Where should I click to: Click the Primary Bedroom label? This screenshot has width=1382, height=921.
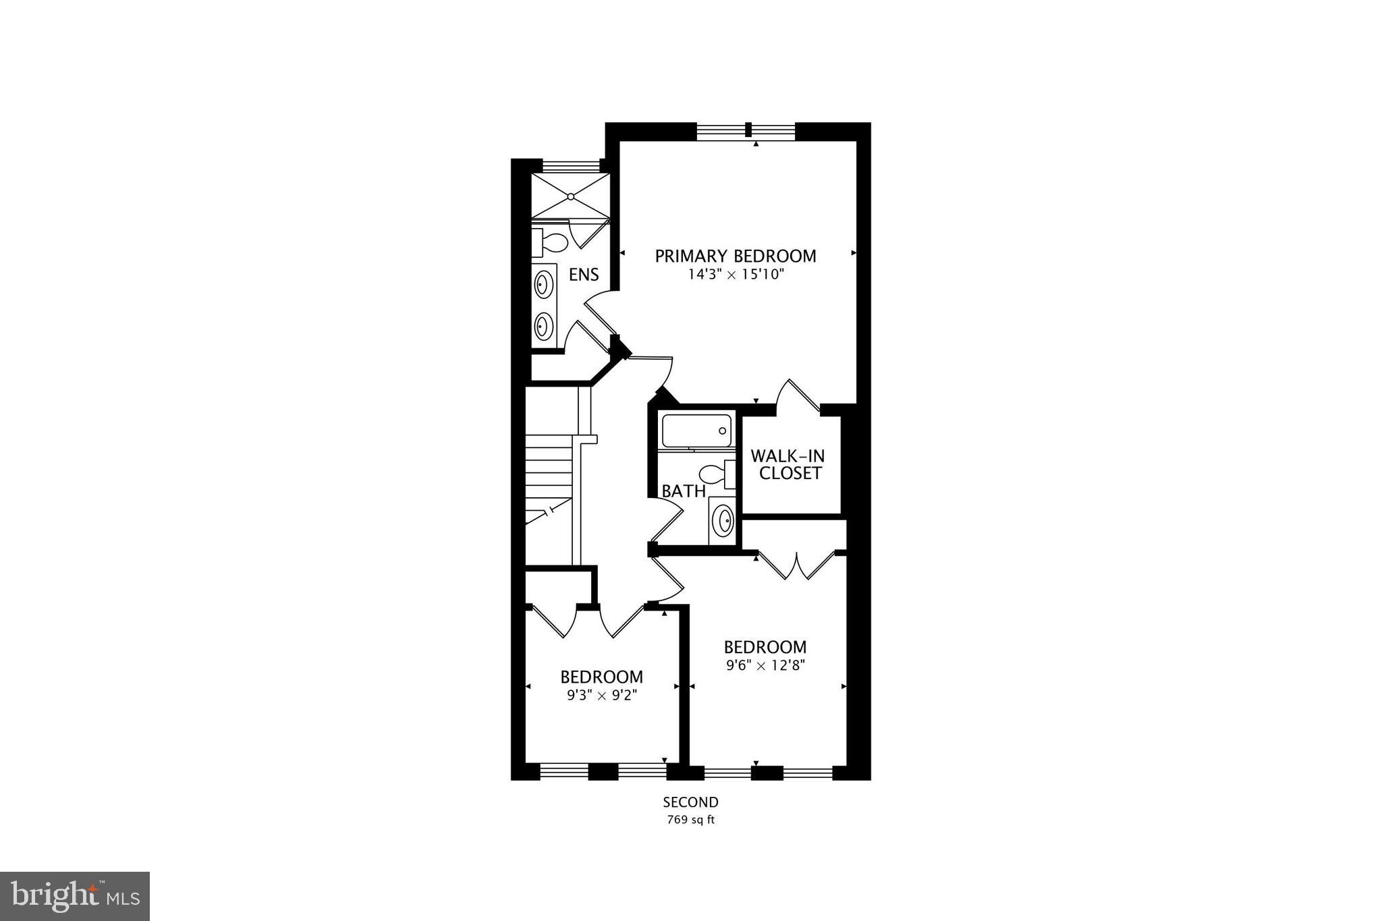pos(736,256)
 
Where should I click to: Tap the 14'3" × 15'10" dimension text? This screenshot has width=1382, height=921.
pos(736,275)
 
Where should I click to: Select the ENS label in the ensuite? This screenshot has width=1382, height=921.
pos(584,275)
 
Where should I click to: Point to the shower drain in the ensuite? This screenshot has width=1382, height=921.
pos(571,196)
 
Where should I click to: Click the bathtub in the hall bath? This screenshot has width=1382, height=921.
pos(697,430)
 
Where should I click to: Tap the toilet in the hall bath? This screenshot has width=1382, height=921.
pos(716,474)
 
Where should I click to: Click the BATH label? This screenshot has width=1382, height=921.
pos(683,491)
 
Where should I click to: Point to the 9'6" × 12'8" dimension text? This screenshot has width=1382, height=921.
pos(766,665)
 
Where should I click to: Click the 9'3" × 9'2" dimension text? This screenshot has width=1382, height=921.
pos(602,694)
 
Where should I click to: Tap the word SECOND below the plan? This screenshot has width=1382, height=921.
pos(690,802)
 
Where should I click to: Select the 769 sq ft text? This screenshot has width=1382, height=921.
pos(690,820)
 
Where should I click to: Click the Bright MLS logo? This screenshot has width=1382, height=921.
pos(75,896)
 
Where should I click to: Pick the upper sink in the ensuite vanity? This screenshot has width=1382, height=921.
pos(543,284)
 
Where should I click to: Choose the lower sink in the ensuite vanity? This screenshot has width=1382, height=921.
pos(543,327)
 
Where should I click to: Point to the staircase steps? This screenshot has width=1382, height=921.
pos(549,466)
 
